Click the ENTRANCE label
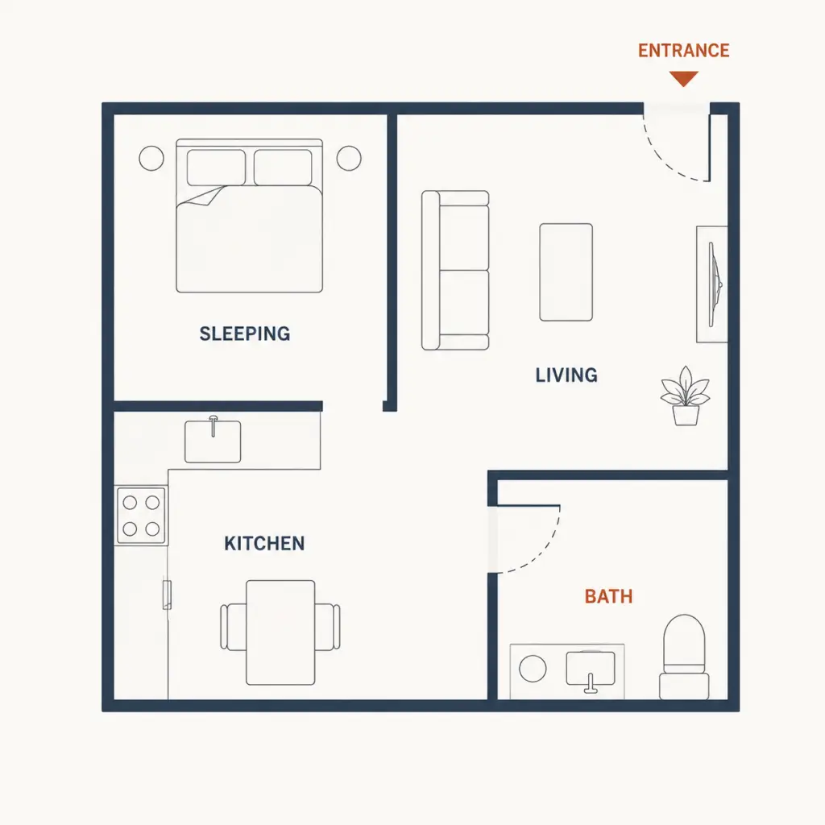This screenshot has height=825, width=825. click(x=683, y=51)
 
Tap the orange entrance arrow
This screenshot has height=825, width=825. click(x=683, y=78)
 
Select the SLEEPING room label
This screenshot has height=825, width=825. click(x=245, y=334)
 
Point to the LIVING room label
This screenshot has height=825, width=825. click(x=566, y=375)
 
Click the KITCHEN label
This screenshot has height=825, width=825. click(x=264, y=544)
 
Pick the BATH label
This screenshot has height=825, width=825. click(x=609, y=597)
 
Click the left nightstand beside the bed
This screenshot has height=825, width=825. click(x=151, y=158)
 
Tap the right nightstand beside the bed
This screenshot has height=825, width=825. click(x=349, y=158)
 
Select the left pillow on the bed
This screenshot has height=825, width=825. click(x=216, y=168)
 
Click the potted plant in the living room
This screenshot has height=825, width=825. click(x=686, y=396)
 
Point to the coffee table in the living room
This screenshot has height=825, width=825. click(x=566, y=272)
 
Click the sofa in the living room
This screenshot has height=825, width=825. click(x=456, y=271)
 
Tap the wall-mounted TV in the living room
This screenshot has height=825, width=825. click(x=711, y=284)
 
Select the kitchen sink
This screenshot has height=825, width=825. click(x=213, y=442)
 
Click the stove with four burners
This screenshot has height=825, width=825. click(x=141, y=515)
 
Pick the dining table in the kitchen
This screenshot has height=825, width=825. click(x=280, y=632)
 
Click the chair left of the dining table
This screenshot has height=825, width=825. click(x=233, y=627)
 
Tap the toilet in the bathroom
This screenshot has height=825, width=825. click(x=684, y=657)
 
